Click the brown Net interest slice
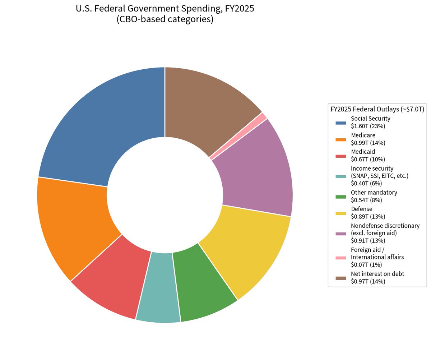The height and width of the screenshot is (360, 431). point(210,107)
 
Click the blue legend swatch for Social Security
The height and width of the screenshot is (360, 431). point(340,123)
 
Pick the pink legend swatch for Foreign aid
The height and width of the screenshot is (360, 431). point(340,258)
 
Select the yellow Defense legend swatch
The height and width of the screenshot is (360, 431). point(340,213)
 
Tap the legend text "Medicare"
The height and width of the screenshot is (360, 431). point(363,135)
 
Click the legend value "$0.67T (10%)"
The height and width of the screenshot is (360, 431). point(368,159)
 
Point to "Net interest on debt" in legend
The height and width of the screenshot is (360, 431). point(377,274)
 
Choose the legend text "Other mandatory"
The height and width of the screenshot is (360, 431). point(374,192)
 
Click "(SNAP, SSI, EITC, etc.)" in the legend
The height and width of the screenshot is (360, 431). point(380,176)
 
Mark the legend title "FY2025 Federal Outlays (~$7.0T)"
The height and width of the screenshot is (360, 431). point(377,109)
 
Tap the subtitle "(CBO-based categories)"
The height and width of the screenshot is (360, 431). point(165,19)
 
